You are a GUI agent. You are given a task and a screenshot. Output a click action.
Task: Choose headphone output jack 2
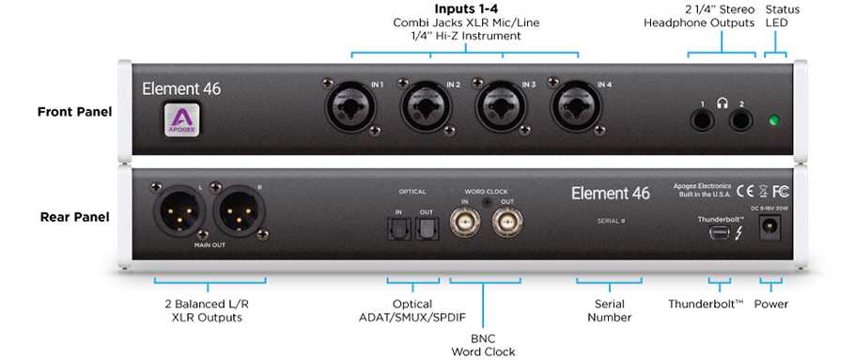pos(742,119)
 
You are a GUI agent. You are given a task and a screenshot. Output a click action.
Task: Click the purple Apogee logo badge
pos(179,121)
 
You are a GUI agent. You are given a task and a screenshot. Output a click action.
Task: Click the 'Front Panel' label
pos(74,112)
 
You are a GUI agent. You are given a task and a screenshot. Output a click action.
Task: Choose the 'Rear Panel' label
pos(74,217)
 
